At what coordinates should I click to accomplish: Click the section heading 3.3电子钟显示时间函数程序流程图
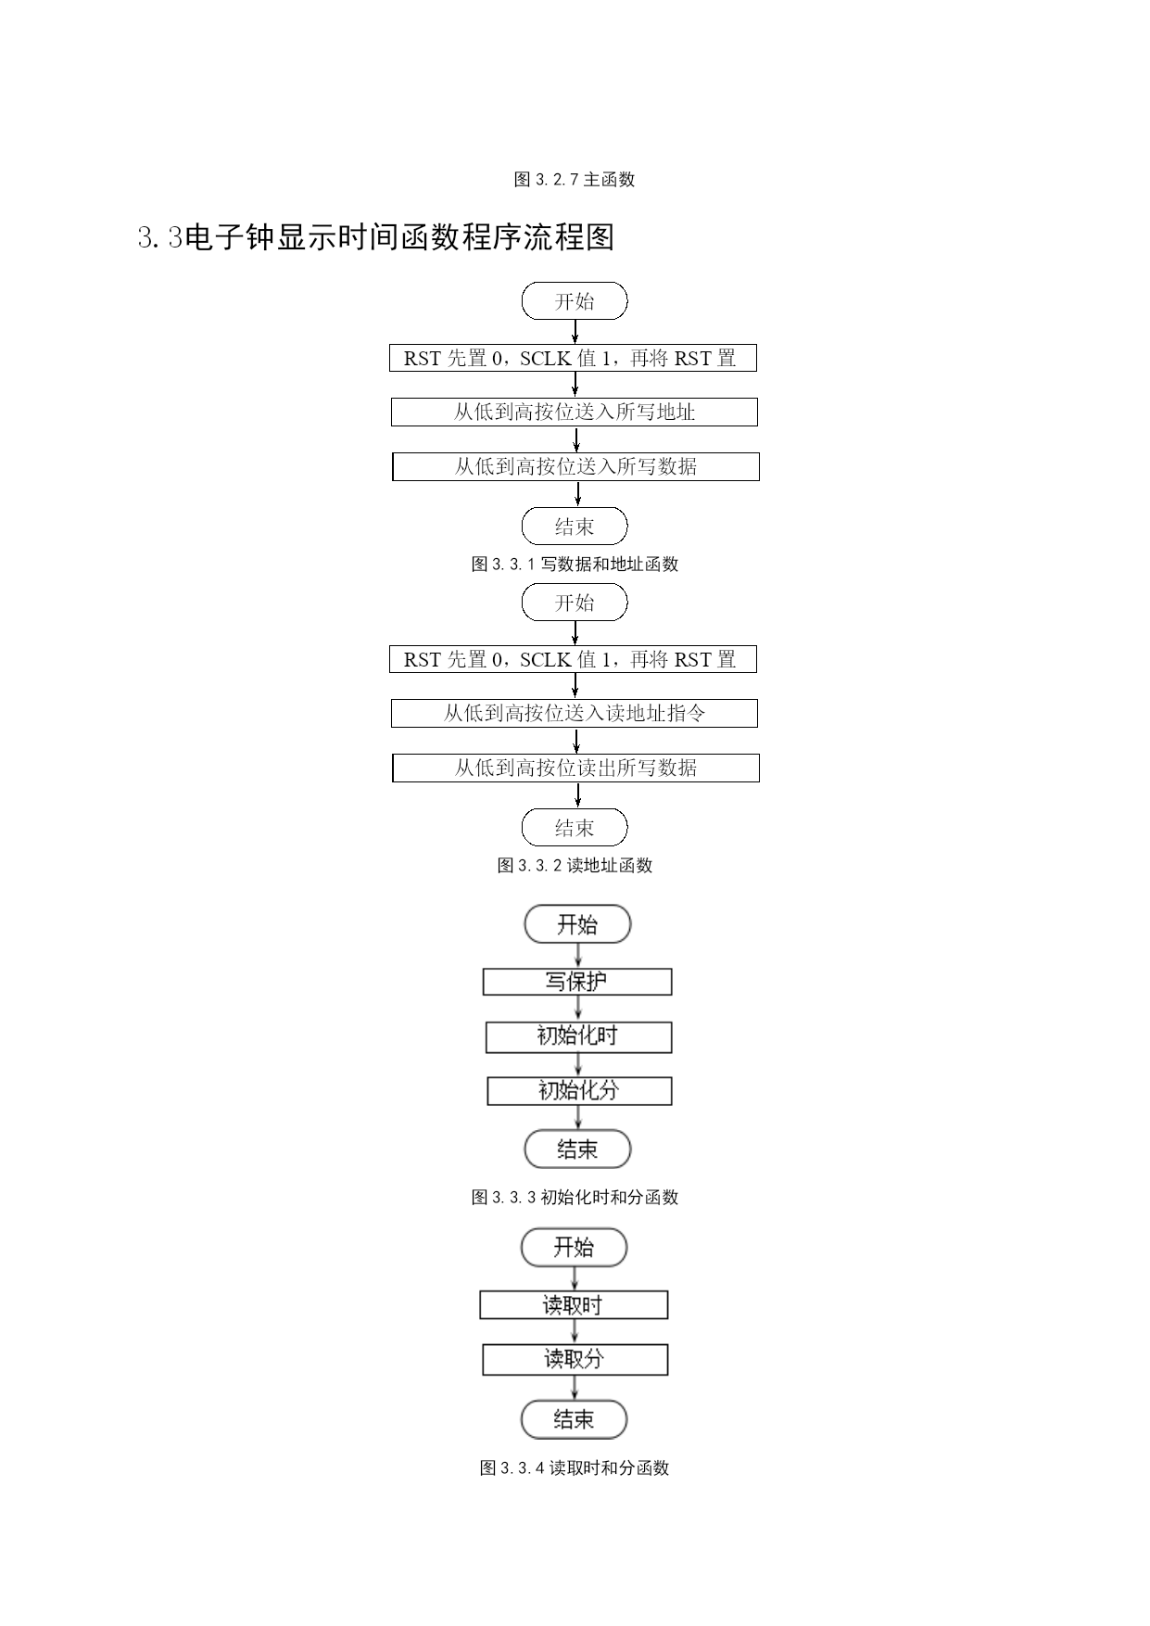pos(376,238)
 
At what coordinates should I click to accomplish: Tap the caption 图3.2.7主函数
pos(575,180)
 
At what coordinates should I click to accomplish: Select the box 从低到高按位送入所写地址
pos(575,413)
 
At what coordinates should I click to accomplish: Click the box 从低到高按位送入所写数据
pos(575,466)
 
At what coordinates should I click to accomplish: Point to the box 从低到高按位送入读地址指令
pos(575,714)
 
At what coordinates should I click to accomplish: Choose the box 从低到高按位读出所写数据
pos(575,768)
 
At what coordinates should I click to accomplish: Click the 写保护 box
pos(577,982)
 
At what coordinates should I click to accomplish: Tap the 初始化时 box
pos(578,1037)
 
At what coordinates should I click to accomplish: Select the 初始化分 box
pos(579,1091)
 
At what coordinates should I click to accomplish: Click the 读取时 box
pos(574,1305)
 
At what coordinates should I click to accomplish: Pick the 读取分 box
pos(575,1360)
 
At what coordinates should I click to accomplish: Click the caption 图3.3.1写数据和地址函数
pos(575,565)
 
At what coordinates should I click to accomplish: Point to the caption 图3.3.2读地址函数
pos(575,866)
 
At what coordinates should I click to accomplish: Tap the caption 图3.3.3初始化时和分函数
pos(575,1198)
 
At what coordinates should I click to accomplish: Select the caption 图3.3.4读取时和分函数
pos(575,1468)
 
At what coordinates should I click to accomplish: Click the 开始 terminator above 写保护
pos(577,924)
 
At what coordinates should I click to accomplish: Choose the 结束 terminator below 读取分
pos(574,1419)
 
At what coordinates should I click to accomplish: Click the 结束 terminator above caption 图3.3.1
pos(575,527)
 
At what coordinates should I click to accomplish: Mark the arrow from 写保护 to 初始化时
pos(578,1009)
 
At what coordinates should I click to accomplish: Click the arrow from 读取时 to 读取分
pos(575,1332)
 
